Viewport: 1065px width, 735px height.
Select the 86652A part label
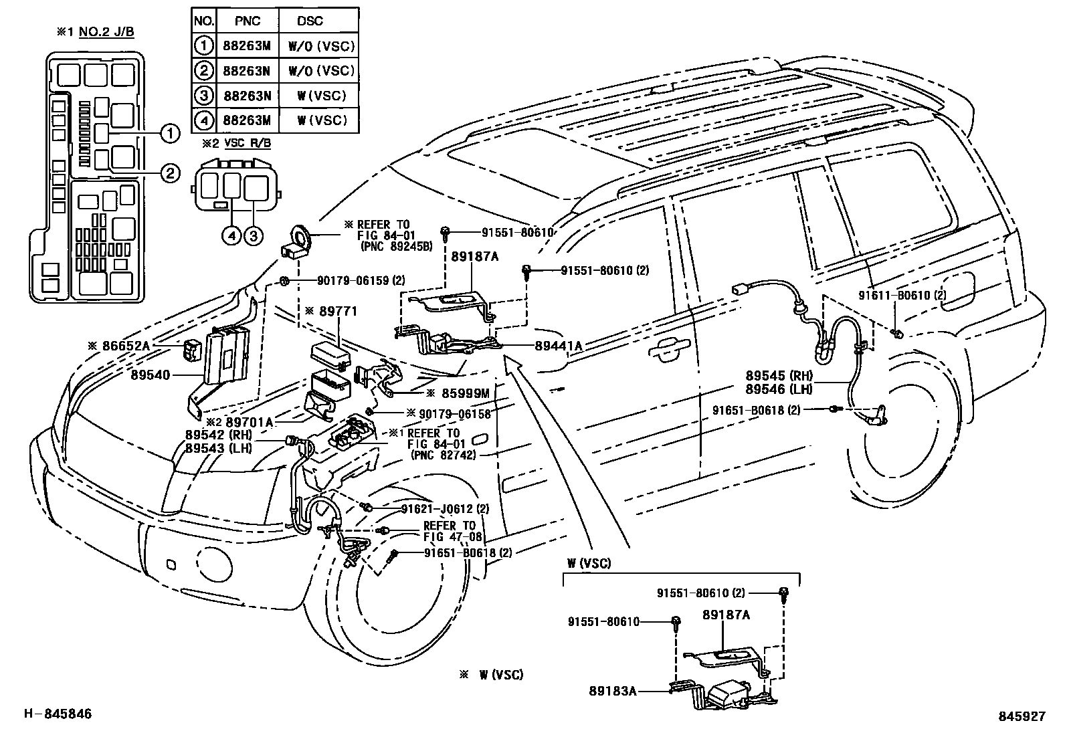click(x=125, y=346)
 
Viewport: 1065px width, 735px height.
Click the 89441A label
click(x=559, y=346)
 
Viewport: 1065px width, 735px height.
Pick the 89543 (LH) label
click(x=218, y=447)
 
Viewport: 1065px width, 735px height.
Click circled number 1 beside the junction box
click(x=170, y=134)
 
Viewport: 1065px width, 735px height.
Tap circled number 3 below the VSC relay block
click(x=253, y=235)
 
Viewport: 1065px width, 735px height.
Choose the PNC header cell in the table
click(x=247, y=21)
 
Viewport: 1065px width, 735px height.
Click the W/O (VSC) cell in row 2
click(x=321, y=71)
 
